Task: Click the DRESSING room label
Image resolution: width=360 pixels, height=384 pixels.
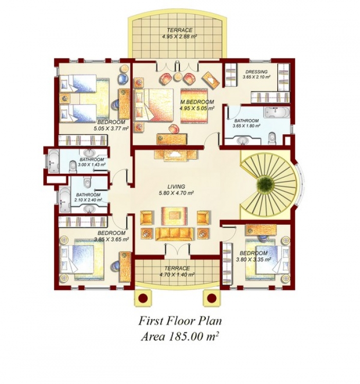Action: [x=256, y=72]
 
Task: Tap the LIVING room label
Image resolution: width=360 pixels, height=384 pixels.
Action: [x=176, y=187]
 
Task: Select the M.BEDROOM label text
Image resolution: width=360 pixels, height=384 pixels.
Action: [x=197, y=102]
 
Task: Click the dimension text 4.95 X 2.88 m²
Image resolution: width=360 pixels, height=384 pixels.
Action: [x=179, y=36]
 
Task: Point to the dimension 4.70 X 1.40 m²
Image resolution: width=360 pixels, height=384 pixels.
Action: [x=177, y=275]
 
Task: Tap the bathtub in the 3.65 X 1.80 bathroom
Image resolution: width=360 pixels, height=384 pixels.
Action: [x=277, y=112]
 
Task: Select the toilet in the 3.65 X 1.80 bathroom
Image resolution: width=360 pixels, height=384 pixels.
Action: [x=272, y=138]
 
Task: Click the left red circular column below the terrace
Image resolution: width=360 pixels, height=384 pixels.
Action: [x=143, y=298]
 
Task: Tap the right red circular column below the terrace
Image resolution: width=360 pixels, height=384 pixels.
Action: [x=211, y=298]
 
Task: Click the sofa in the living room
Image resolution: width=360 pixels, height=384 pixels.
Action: [x=174, y=234]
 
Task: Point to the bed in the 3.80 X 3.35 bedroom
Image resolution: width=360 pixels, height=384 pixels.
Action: [x=267, y=259]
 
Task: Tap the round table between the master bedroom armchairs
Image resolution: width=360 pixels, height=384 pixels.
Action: [x=177, y=77]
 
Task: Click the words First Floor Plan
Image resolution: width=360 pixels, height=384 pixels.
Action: [x=180, y=321]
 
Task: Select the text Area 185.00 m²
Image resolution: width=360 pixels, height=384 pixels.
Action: [x=180, y=337]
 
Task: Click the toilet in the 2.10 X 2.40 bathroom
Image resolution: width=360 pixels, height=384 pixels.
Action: [x=87, y=182]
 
